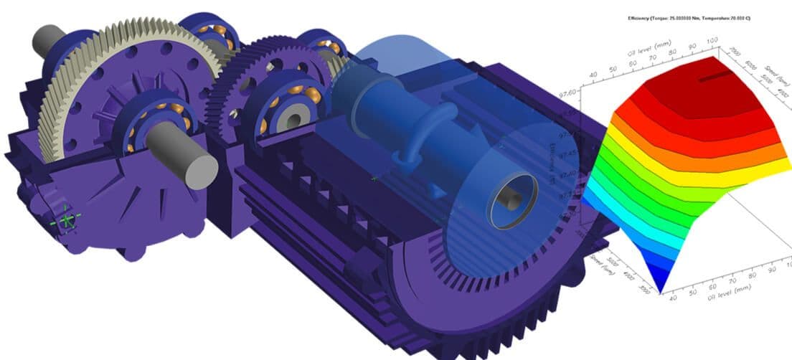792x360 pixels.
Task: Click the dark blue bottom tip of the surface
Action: [659, 283]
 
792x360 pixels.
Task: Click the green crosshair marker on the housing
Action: [67, 219]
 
